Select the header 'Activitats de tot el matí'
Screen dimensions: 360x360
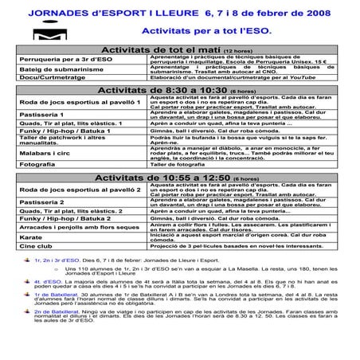[x=172, y=51]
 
